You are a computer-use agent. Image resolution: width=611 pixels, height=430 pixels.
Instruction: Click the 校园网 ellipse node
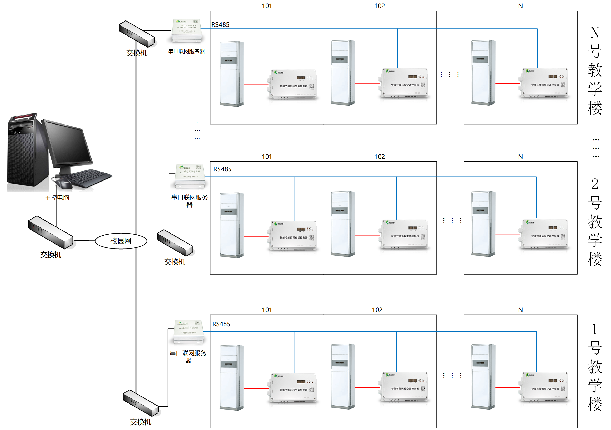pos(121,241)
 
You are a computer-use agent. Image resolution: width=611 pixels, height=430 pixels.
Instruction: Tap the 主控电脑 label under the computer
pos(57,198)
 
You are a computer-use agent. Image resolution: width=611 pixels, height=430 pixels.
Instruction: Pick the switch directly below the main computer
pos(51,232)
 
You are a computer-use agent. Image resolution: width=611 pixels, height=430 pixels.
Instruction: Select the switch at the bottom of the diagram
pos(140,403)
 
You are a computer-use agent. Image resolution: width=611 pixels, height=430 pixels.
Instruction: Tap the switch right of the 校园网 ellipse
pos(175,242)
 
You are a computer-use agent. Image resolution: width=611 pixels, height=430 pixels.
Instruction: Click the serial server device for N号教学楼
pos(187,30)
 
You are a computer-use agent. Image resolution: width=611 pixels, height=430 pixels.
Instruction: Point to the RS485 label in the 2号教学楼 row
pos(223,169)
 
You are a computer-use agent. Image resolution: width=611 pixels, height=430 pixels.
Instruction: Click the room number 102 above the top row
pos(380,6)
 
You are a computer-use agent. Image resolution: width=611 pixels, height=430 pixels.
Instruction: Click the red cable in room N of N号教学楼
pos(507,84)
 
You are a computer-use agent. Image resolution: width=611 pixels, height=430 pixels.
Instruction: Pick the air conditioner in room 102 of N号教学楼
pos(343,73)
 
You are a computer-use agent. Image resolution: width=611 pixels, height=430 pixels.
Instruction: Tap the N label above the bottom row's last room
pos(521,310)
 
